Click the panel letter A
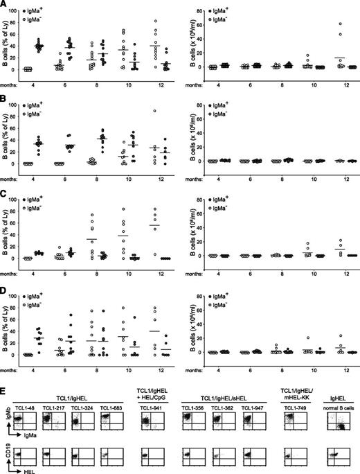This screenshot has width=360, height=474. pos(4,6)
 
